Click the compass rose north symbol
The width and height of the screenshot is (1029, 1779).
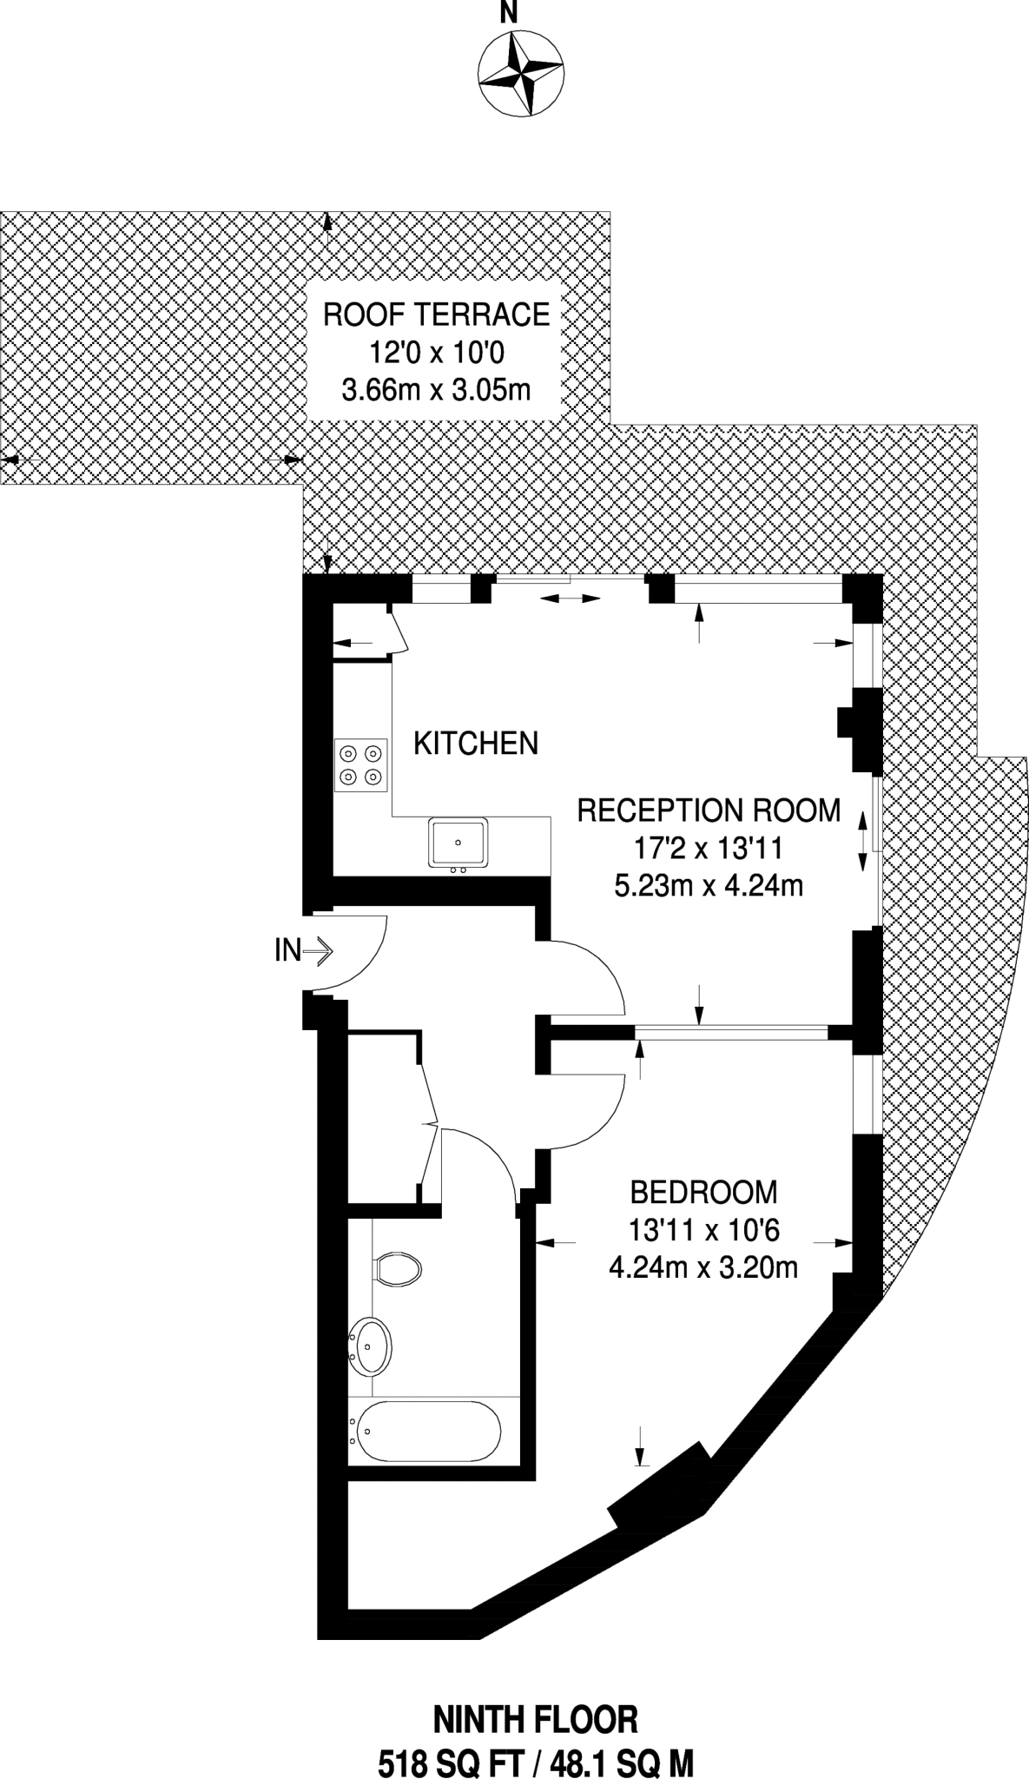pos(520,73)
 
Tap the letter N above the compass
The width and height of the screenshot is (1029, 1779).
pos(509,12)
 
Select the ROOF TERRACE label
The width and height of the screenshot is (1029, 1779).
pos(437,314)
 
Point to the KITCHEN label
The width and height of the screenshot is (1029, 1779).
pos(476,744)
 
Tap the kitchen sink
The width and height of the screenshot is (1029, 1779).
pos(458,843)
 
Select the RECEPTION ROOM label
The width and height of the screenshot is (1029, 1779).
pos(709,810)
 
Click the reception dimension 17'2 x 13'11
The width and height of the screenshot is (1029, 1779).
pos(709,848)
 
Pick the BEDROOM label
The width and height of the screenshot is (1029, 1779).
pos(703,1192)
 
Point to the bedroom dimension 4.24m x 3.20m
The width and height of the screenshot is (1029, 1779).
pos(703,1268)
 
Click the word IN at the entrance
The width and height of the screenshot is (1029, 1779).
pos(287,951)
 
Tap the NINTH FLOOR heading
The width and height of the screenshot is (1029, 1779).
pos(536,1720)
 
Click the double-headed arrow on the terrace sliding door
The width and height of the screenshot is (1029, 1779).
pos(571,599)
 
